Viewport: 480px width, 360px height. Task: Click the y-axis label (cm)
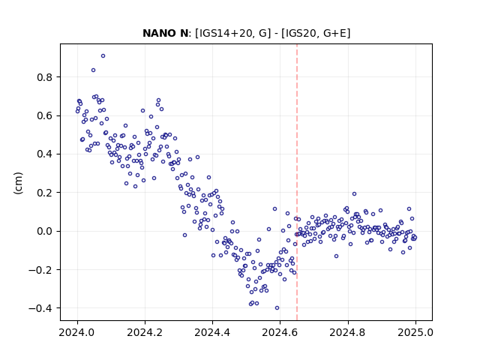pos(18,183)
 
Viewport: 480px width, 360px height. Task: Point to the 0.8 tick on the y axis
pos(44,77)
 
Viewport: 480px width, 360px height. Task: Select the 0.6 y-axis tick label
pos(44,115)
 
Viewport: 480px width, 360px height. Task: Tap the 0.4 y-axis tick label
pos(44,154)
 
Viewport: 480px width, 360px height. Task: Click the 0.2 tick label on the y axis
pos(44,193)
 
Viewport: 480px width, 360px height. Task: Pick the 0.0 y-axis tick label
pos(44,231)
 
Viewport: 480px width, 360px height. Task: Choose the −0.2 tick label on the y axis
pos(40,270)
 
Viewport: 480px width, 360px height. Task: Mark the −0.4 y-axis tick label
pos(40,308)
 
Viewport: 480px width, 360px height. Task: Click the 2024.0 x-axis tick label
pos(77,332)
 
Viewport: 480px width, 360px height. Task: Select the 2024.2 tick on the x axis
pos(145,332)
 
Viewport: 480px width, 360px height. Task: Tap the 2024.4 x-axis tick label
pos(212,332)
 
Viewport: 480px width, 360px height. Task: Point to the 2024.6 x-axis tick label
pos(280,332)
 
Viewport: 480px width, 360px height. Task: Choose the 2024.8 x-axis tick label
pos(348,332)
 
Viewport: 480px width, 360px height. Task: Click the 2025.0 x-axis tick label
pos(415,332)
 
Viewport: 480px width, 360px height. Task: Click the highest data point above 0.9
pos(103,56)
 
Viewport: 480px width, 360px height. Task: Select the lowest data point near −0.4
pos(277,308)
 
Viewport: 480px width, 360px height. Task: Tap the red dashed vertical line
pos(297,182)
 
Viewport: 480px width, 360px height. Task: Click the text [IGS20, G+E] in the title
pos(316,33)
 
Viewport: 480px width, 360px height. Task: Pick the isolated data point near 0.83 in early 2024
pos(93,70)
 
